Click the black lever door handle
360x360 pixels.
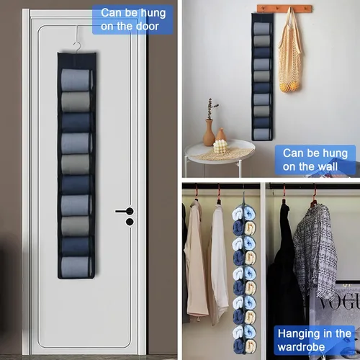(125, 211)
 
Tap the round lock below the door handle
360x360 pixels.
(130, 222)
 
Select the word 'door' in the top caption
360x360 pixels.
(147, 26)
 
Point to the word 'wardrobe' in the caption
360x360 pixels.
(301, 347)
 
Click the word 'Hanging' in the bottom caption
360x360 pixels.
(297, 334)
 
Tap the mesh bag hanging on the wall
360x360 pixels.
(290, 52)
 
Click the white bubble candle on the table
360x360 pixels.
(220, 146)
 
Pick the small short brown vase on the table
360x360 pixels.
(221, 134)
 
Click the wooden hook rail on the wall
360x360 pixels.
(284, 9)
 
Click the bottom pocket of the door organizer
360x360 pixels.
(76, 267)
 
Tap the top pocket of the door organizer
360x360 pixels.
(76, 81)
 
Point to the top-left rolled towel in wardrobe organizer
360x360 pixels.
(238, 214)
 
